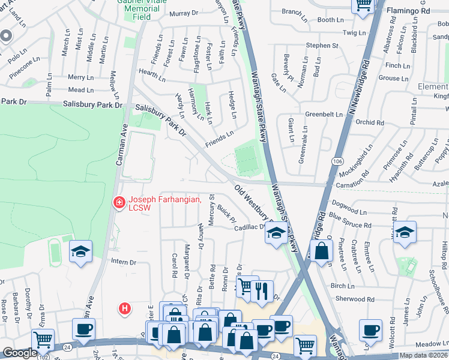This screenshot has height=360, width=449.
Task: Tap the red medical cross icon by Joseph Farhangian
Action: click(x=119, y=203)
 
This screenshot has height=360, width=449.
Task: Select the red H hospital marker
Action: click(x=125, y=309)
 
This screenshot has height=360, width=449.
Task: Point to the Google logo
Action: click(x=20, y=353)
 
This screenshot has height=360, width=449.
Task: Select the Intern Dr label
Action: click(x=124, y=262)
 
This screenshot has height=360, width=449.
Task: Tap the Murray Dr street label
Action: click(x=184, y=13)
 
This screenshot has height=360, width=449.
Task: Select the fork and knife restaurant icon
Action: click(x=262, y=291)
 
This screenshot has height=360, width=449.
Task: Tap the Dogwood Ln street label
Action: click(x=348, y=211)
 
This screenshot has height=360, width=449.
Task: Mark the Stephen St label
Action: click(x=322, y=46)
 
